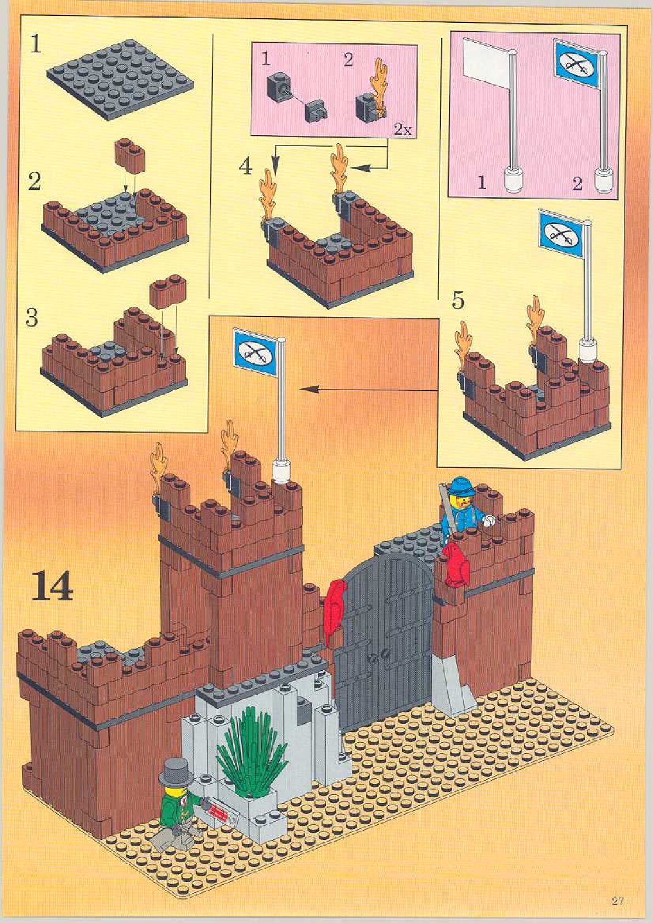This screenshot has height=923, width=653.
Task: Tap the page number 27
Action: [617, 901]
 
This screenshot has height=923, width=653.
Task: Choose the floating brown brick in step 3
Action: [167, 291]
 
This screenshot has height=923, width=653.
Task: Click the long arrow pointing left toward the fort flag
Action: [368, 390]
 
